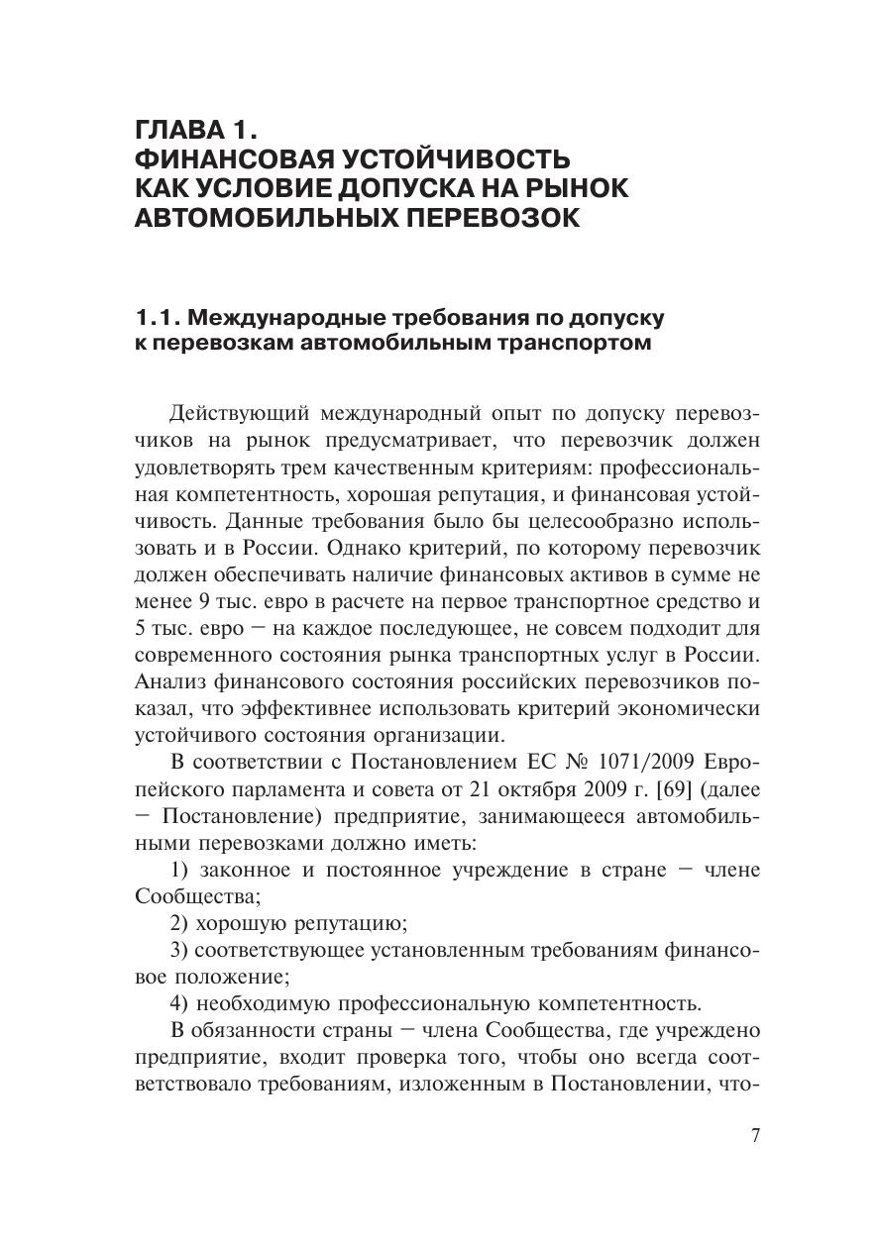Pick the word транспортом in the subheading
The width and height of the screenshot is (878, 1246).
pyautogui.click(x=568, y=344)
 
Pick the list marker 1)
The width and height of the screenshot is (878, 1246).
pyautogui.click(x=179, y=871)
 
